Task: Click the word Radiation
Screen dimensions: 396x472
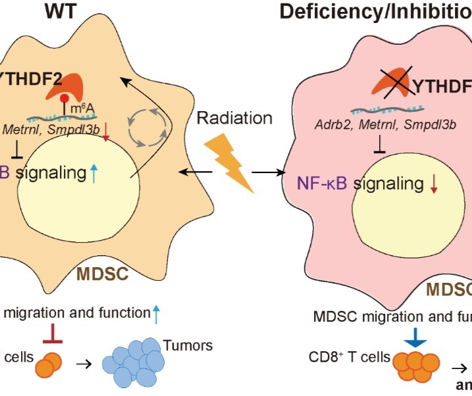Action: [234, 118]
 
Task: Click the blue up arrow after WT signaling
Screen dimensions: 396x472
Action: [94, 174]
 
